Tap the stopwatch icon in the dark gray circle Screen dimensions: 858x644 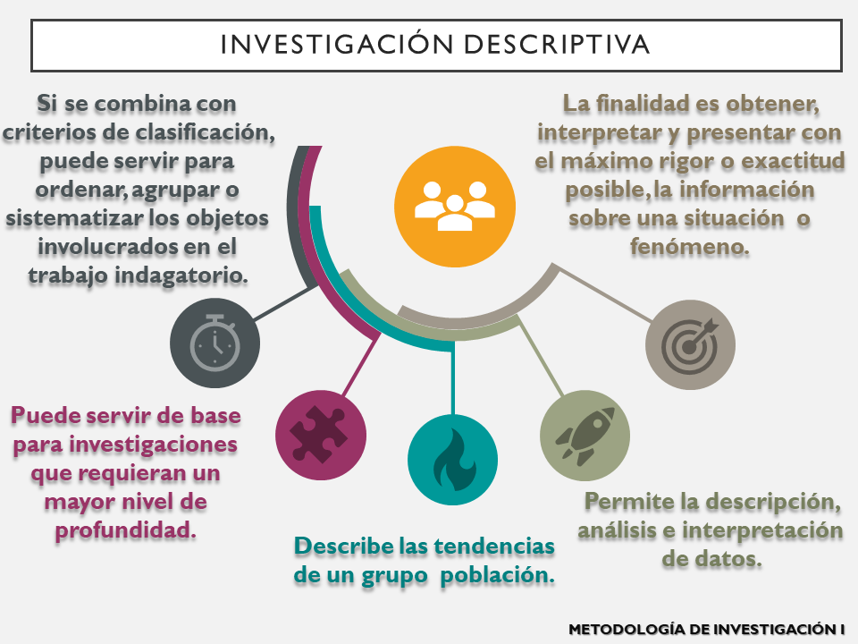pyautogui.click(x=215, y=343)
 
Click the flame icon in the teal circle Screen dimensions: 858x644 pyautogui.click(x=452, y=461)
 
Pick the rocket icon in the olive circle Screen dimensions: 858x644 pyautogui.click(x=585, y=434)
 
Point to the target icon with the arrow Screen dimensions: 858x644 pyautogui.click(x=690, y=344)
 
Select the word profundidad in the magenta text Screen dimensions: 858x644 pyautogui.click(x=125, y=530)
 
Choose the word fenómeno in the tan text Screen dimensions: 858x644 pyautogui.click(x=689, y=247)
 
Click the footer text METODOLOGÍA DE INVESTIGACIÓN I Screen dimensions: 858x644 pyautogui.click(x=706, y=630)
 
